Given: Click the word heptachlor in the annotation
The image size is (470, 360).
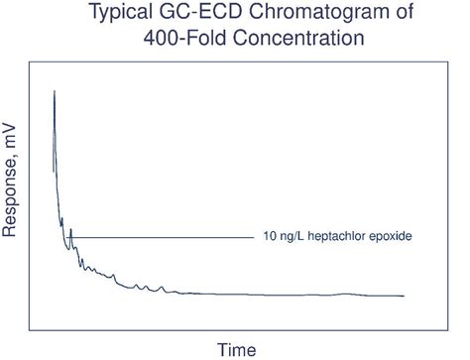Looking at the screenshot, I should pyautogui.click(x=343, y=238).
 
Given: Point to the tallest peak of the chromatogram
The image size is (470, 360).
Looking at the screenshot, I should pyautogui.click(x=54, y=91).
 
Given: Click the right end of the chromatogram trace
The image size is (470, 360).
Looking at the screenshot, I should pyautogui.click(x=404, y=296).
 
